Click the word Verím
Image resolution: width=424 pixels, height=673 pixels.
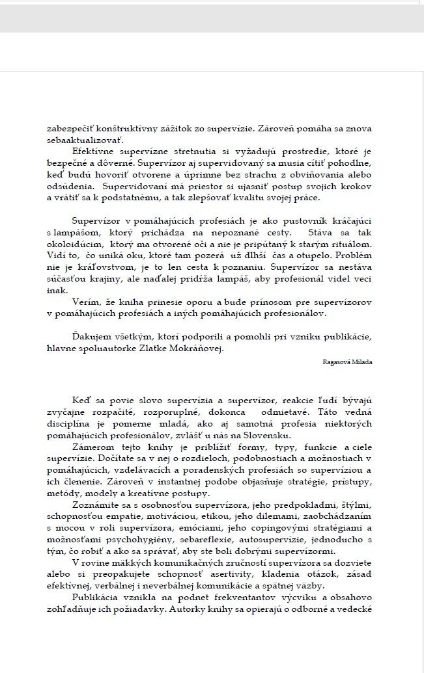coord(86,302)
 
